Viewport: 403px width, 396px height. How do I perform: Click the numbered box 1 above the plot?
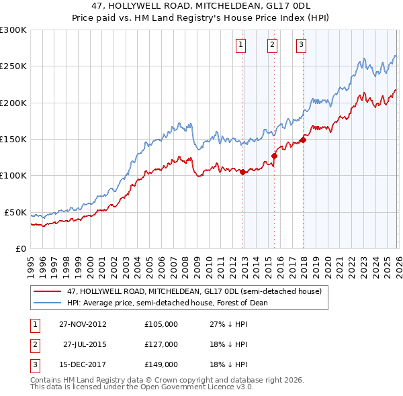coord(240,45)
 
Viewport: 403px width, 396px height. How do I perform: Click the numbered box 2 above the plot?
coord(272,45)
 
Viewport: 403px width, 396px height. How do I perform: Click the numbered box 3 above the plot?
coord(301,45)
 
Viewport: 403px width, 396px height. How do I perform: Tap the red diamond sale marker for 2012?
coord(242,172)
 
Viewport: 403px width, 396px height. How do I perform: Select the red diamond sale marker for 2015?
coord(274,156)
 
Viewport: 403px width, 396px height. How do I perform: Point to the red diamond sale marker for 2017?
coord(303,140)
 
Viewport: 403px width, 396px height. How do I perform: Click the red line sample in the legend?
coord(48,292)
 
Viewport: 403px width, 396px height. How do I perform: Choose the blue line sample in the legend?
coord(48,303)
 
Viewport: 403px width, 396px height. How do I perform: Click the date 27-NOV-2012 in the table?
coord(83,324)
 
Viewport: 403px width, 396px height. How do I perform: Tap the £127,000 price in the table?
coord(161,344)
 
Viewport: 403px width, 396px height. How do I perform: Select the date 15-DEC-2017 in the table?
coord(83,365)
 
